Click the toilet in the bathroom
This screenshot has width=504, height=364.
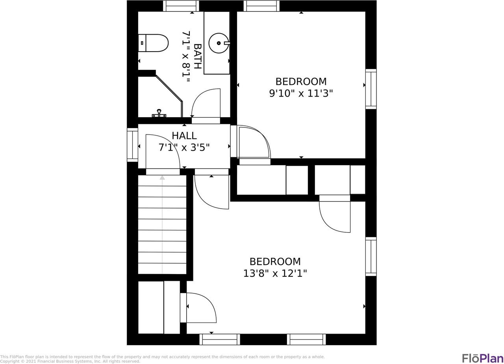pyautogui.click(x=153, y=43)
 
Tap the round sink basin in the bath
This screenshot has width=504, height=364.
pyautogui.click(x=219, y=43)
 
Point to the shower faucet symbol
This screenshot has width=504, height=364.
pyautogui.click(x=159, y=114)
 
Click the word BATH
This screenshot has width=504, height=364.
pyautogui.click(x=198, y=56)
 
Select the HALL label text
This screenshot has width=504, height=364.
pyautogui.click(x=184, y=136)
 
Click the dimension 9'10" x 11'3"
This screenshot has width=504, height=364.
pyautogui.click(x=301, y=93)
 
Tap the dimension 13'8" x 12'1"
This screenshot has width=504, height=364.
pyautogui.click(x=275, y=273)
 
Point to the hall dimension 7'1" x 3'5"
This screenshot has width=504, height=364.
pyautogui.click(x=184, y=147)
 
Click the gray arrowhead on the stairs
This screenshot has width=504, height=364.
pyautogui.click(x=162, y=177)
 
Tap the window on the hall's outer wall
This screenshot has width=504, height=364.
pyautogui.click(x=133, y=145)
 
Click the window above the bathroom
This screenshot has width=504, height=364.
pyautogui.click(x=181, y=6)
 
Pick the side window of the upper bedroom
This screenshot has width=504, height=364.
pyautogui.click(x=371, y=89)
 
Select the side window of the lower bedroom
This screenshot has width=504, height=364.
pyautogui.click(x=371, y=256)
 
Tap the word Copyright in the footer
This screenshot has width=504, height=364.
pyautogui.click(x=9, y=361)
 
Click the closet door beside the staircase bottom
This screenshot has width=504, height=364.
pyautogui.click(x=198, y=308)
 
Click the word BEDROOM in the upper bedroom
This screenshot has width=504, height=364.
pyautogui.click(x=301, y=82)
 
